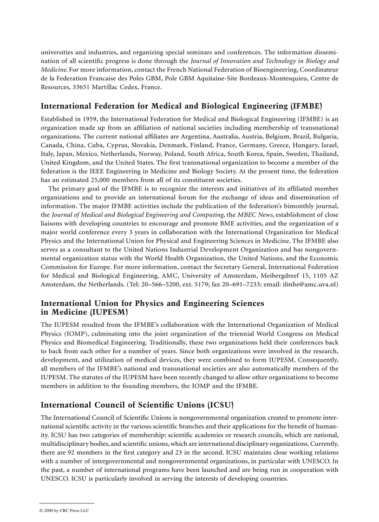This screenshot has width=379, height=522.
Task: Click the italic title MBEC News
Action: (x=253, y=215)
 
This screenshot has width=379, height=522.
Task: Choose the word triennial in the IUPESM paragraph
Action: (x=231, y=333)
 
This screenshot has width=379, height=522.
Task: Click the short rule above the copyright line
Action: (x=67, y=503)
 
